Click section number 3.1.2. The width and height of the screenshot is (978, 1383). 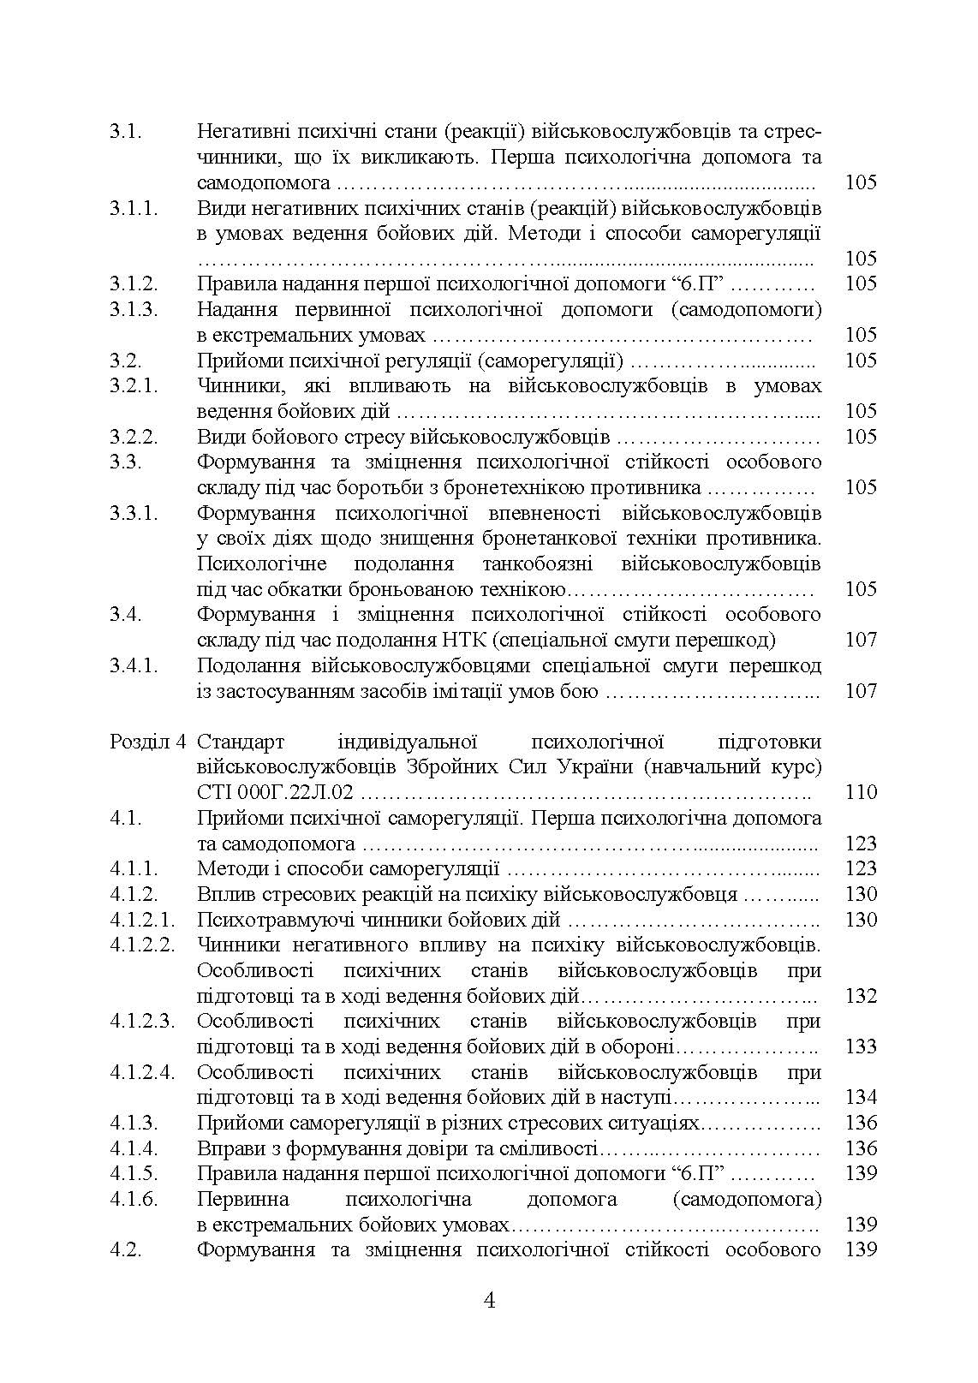click(134, 284)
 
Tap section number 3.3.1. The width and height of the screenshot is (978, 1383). click(134, 514)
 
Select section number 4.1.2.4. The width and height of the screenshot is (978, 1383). click(142, 1073)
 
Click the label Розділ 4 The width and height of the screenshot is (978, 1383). click(147, 742)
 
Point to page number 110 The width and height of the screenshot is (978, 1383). click(861, 792)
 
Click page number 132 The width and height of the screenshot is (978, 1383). click(861, 996)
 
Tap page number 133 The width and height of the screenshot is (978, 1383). click(861, 1046)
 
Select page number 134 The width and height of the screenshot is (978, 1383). click(861, 1098)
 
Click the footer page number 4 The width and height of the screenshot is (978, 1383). click(490, 1302)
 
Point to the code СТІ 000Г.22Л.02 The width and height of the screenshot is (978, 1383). click(275, 792)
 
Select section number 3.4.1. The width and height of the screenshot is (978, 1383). click(134, 666)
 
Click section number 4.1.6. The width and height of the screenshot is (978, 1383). click(134, 1200)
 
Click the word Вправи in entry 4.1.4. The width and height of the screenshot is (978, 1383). click(224, 1148)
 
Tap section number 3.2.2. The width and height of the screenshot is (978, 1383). click(134, 437)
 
